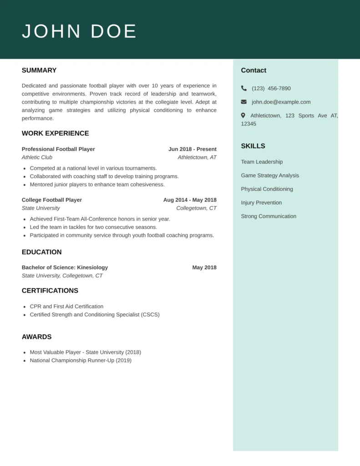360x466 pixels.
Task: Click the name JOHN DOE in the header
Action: [79, 31]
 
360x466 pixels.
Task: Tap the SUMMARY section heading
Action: [39, 71]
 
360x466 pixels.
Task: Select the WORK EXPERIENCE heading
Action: [55, 133]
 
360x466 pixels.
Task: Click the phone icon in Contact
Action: [244, 88]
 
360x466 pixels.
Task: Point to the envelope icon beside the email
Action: [244, 102]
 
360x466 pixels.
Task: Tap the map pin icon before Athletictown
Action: [243, 116]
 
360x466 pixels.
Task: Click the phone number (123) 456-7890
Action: [271, 88]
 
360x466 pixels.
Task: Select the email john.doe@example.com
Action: [281, 102]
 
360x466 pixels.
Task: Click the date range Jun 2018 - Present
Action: [192, 149]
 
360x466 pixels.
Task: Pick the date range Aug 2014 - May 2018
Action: [190, 200]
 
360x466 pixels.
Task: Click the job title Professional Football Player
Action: [58, 149]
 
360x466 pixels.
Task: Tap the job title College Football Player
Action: [52, 200]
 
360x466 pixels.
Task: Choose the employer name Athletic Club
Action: [37, 157]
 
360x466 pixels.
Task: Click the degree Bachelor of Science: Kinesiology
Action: [65, 268]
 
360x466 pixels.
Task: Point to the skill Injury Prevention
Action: [261, 203]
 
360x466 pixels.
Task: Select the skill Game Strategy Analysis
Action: [270, 175]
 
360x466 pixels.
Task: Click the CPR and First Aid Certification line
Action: [66, 307]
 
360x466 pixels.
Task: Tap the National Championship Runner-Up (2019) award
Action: [81, 360]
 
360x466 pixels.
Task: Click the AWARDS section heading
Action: [37, 337]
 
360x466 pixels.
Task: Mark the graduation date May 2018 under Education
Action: [204, 268]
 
